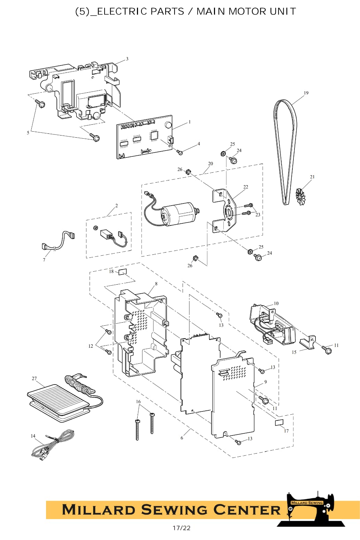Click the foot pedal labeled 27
(x=58, y=402)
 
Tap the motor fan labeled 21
(x=300, y=197)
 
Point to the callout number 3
(x=127, y=59)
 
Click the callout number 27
(x=34, y=378)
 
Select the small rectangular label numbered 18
(x=122, y=272)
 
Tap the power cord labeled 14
(x=53, y=445)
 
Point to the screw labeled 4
(x=179, y=152)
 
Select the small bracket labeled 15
(x=307, y=342)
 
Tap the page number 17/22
(x=181, y=528)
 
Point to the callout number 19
(x=306, y=93)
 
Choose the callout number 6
(x=182, y=438)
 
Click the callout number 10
(x=276, y=303)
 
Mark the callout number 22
(x=246, y=187)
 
